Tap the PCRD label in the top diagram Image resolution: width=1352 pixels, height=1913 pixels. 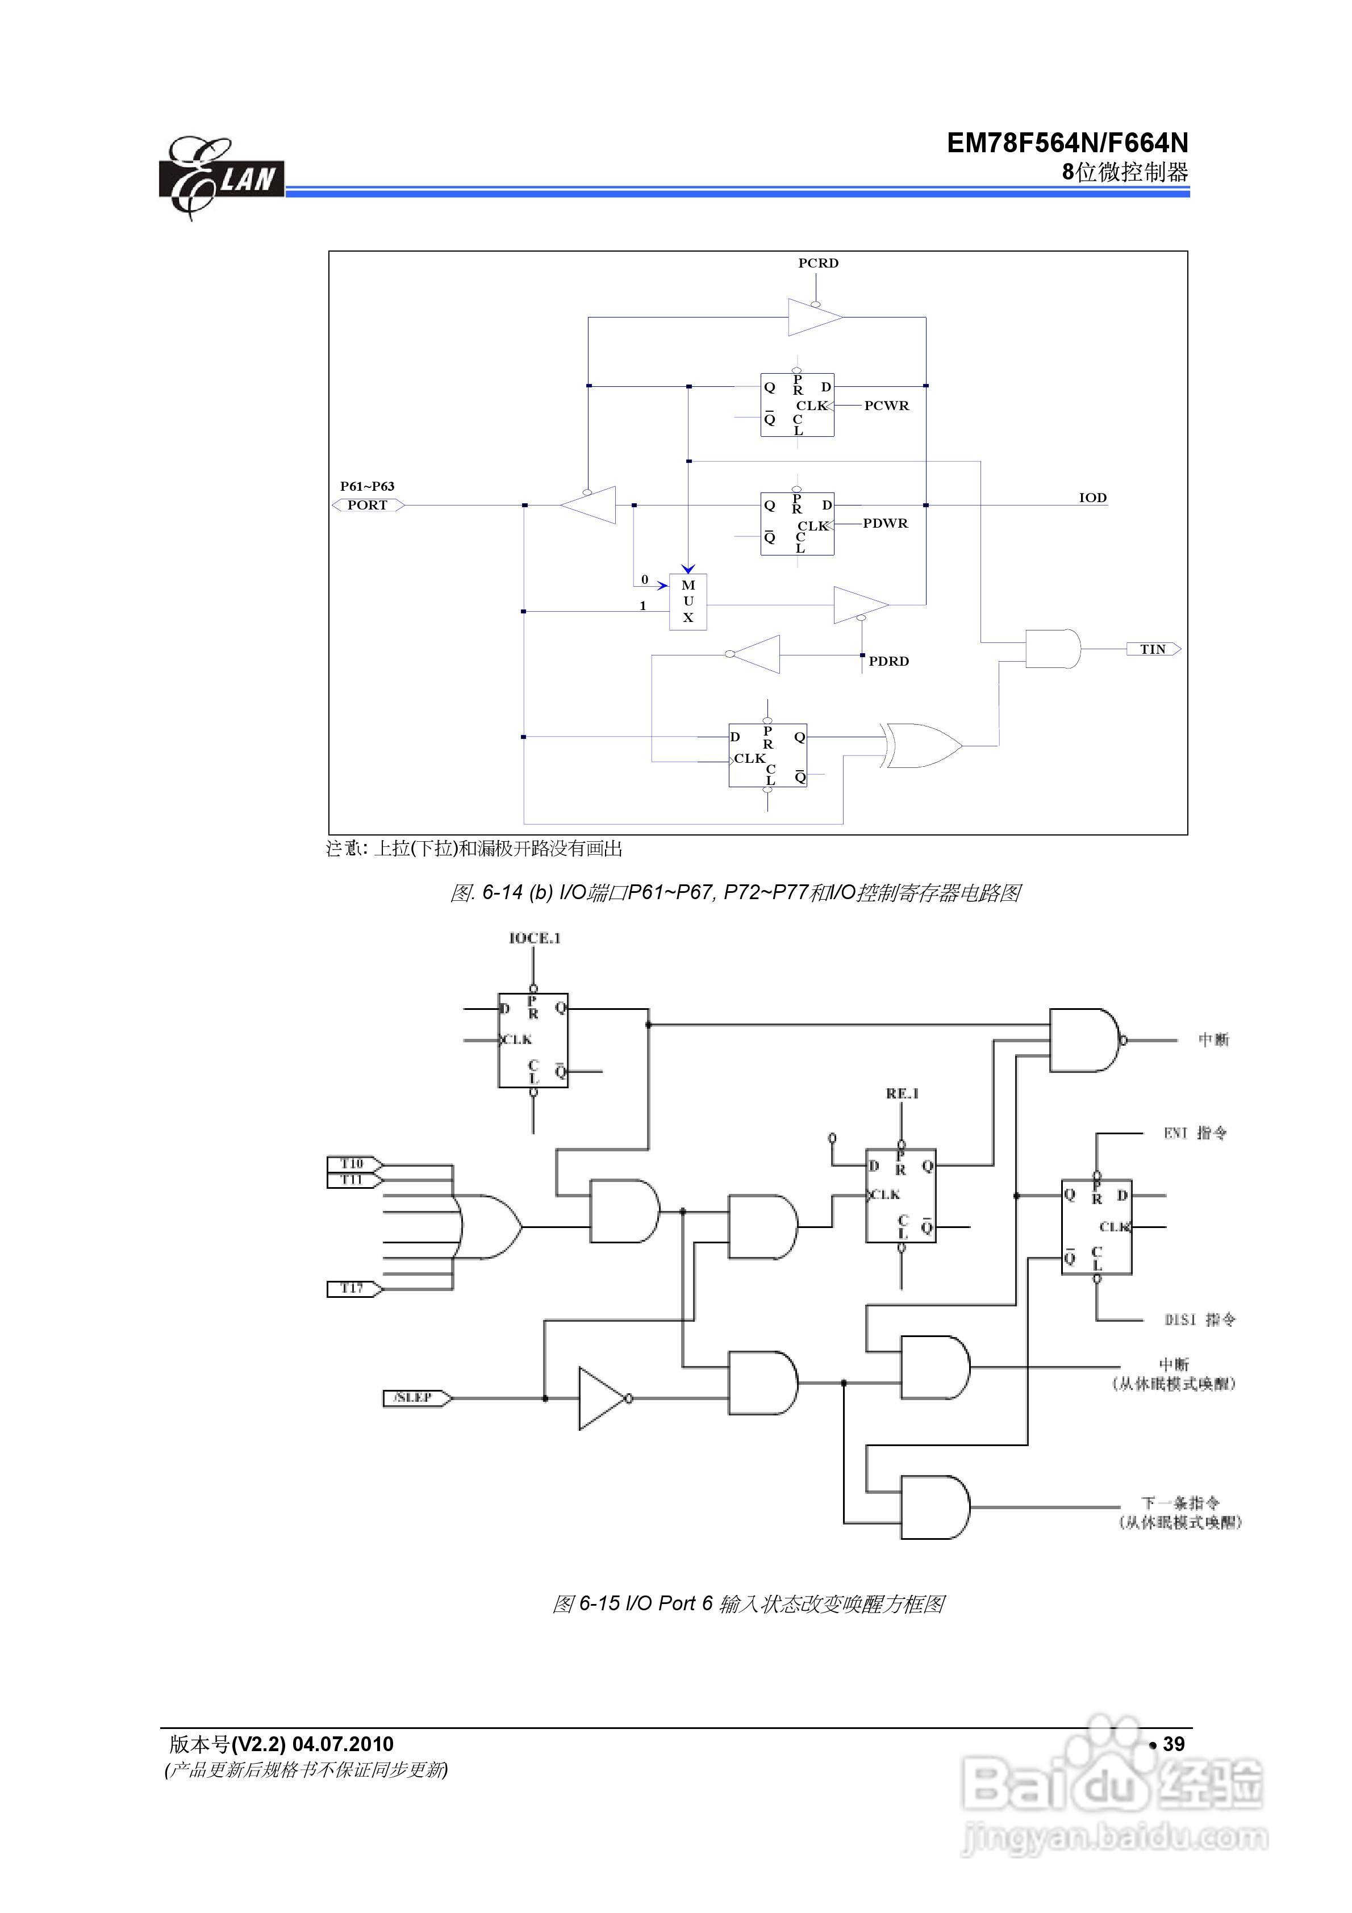pyautogui.click(x=817, y=264)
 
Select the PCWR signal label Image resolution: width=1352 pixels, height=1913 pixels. pyautogui.click(x=886, y=406)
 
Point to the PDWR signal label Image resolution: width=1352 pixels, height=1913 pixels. pyautogui.click(x=885, y=523)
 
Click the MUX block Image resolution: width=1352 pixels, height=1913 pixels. pyautogui.click(x=688, y=602)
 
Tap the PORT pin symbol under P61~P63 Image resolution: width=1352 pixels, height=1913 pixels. pyautogui.click(x=368, y=505)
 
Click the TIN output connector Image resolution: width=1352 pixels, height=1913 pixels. pyautogui.click(x=1154, y=649)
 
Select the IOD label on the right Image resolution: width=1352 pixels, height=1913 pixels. pyautogui.click(x=1093, y=498)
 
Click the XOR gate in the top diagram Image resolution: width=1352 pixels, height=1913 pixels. pyautogui.click(x=921, y=745)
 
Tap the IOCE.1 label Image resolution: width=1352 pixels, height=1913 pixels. pyautogui.click(x=535, y=938)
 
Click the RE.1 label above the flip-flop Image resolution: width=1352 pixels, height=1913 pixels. pyautogui.click(x=902, y=1093)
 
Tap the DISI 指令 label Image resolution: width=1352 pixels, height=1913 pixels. pyautogui.click(x=1199, y=1320)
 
